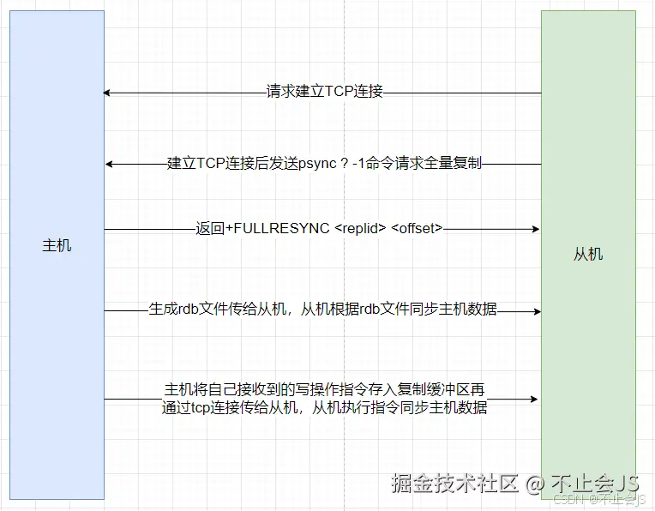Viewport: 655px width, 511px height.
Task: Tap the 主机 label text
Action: (57, 245)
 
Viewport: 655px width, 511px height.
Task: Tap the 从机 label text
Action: (587, 254)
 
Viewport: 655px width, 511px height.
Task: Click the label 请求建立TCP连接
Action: (324, 92)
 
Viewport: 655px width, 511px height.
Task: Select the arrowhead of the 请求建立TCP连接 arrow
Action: (107, 93)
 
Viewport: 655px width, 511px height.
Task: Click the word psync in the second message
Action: (318, 163)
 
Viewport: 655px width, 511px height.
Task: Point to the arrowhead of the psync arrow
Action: (107, 163)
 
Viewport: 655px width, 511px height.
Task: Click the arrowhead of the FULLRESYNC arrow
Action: (537, 229)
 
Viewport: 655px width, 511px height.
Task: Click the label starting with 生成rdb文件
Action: (322, 310)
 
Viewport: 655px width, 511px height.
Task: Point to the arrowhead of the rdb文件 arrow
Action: (537, 310)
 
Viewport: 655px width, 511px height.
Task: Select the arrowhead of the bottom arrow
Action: (537, 399)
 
